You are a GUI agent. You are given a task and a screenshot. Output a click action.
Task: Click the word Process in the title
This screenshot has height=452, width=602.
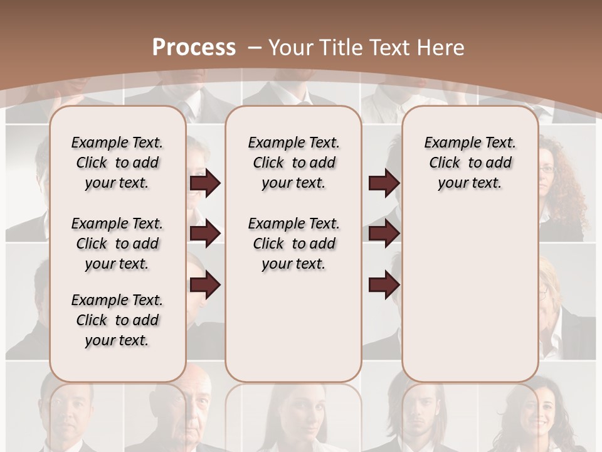tap(194, 47)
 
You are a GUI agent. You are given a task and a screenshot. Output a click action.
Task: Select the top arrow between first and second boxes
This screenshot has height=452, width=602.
tap(205, 183)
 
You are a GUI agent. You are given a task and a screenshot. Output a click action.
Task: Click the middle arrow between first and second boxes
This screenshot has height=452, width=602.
tap(205, 234)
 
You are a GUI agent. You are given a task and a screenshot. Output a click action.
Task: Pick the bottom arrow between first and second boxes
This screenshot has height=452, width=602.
tap(205, 286)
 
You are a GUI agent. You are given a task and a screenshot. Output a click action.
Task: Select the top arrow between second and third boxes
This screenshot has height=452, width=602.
tap(384, 183)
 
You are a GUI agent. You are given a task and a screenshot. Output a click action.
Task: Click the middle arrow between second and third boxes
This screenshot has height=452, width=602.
tap(384, 234)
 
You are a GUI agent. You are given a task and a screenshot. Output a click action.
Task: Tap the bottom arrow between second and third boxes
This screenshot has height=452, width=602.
tap(384, 286)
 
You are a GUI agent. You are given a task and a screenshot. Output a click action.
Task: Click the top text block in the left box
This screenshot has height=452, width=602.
tap(117, 163)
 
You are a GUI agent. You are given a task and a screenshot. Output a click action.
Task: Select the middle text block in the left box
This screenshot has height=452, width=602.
tap(117, 244)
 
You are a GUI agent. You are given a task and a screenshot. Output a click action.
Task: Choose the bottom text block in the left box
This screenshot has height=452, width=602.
tap(117, 320)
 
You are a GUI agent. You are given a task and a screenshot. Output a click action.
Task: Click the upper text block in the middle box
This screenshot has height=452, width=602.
tap(293, 163)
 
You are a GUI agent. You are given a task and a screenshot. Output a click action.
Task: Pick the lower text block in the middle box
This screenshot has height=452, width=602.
tap(293, 244)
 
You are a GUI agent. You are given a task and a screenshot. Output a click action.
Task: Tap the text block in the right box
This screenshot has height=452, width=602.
tap(470, 163)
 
